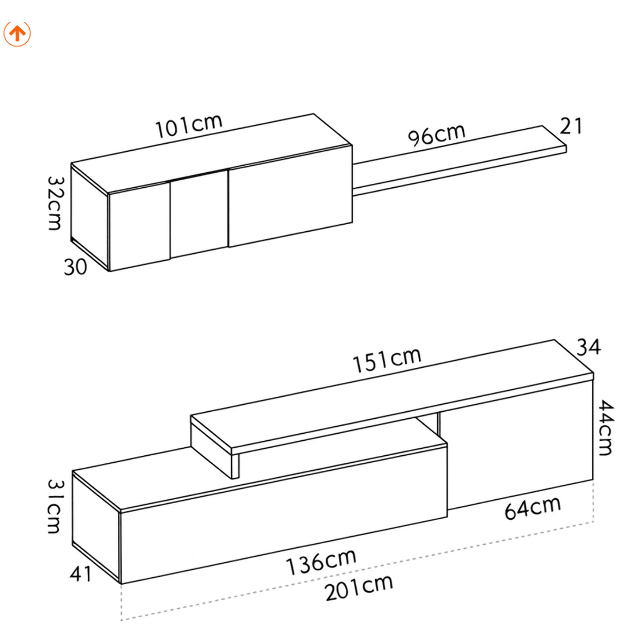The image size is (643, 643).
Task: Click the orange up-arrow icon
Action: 17,33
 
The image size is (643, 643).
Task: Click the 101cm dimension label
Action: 189,126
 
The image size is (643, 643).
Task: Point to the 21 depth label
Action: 571,126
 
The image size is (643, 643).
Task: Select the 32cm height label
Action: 55,203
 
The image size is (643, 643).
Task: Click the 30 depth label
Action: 75,267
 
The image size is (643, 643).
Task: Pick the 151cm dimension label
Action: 387,360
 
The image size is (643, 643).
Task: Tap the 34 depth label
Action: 589,347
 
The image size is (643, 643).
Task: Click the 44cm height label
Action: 606,428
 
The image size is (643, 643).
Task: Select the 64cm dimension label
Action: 532,508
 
